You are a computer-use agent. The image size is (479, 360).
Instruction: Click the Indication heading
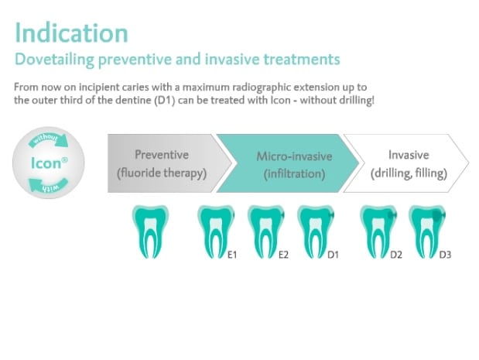pyautogui.click(x=71, y=33)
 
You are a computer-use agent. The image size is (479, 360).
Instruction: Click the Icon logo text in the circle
pyautogui.click(x=50, y=163)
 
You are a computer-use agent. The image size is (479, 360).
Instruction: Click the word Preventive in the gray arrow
pyautogui.click(x=162, y=155)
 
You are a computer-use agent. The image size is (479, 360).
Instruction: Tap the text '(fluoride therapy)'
pyautogui.click(x=162, y=173)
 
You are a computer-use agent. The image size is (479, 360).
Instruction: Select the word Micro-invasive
pyautogui.click(x=294, y=156)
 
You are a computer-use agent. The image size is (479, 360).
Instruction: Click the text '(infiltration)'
pyautogui.click(x=294, y=174)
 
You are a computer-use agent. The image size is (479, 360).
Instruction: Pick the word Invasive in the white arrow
pyautogui.click(x=409, y=155)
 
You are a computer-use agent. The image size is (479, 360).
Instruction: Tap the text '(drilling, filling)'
pyautogui.click(x=409, y=173)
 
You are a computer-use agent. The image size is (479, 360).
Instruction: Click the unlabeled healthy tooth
pyautogui.click(x=150, y=231)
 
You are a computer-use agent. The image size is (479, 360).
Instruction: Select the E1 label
pyautogui.click(x=232, y=255)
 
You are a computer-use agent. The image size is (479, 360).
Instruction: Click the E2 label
pyautogui.click(x=283, y=255)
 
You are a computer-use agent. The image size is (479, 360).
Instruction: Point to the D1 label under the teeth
pyautogui.click(x=333, y=255)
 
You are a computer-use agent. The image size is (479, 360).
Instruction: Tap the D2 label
pyautogui.click(x=396, y=255)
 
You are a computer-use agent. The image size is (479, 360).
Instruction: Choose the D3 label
pyautogui.click(x=445, y=255)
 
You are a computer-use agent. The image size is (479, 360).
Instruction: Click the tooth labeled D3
pyautogui.click(x=427, y=231)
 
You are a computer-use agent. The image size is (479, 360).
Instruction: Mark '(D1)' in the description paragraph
pyautogui.click(x=165, y=100)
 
